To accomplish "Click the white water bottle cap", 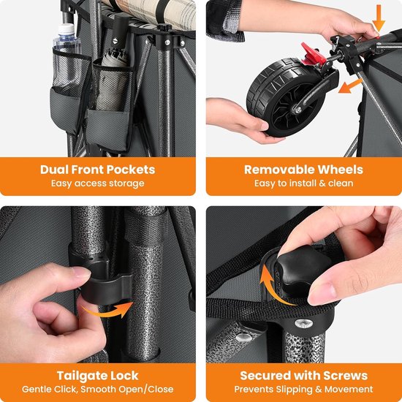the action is click(67, 29).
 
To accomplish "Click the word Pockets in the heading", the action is click(131, 170).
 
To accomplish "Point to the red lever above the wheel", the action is click(313, 54).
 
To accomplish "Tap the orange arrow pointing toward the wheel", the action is click(350, 86).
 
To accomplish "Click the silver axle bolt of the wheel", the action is click(298, 110).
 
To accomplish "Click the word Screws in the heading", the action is click(345, 376).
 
